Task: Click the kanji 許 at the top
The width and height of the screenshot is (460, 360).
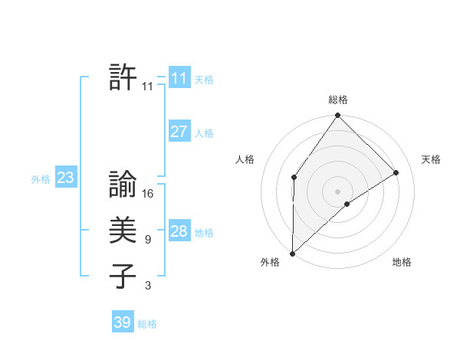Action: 123,78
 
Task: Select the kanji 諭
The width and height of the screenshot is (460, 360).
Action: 123,185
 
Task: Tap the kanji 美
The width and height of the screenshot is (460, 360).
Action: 123,231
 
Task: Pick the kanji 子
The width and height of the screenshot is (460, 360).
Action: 123,277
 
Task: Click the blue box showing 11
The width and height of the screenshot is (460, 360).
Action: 179,78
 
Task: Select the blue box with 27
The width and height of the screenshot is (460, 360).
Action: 179,132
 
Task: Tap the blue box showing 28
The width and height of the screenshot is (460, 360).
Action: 179,231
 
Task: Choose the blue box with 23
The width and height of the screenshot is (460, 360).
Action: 65,178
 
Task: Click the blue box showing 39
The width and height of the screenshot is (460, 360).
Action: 122,322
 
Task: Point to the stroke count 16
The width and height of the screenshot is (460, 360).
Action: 148,194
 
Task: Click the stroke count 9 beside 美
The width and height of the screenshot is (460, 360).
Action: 147,240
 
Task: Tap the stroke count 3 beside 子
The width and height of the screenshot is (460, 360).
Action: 147,286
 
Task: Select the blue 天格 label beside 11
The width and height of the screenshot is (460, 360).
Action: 204,79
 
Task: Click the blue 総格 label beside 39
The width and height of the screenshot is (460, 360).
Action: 147,324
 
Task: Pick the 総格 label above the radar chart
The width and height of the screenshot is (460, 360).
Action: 338,100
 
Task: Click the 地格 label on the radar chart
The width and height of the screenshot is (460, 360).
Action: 402,263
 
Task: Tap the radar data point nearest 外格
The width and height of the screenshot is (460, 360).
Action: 293,253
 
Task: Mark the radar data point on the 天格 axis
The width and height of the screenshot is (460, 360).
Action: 396,172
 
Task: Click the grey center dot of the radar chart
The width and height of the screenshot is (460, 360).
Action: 338,191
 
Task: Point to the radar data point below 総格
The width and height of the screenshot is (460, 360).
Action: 338,116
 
